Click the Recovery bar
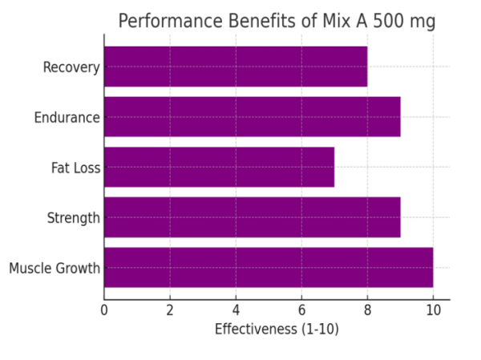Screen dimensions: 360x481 (236, 67)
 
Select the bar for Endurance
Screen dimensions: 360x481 (252, 117)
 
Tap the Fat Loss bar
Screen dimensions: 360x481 (219, 167)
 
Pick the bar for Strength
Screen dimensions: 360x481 (252, 217)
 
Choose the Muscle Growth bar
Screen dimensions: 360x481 (269, 267)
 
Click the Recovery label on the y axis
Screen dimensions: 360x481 (71, 67)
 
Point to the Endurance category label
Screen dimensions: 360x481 (67, 118)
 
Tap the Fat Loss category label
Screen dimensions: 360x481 (75, 168)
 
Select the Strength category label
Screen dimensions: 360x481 (73, 218)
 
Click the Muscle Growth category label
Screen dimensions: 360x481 (55, 268)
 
